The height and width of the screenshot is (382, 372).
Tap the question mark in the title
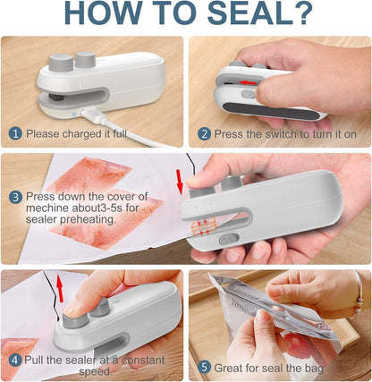click(301, 15)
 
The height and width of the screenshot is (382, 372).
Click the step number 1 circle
click(14, 133)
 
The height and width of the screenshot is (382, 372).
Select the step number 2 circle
click(204, 133)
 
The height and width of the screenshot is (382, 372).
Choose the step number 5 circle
click(204, 365)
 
